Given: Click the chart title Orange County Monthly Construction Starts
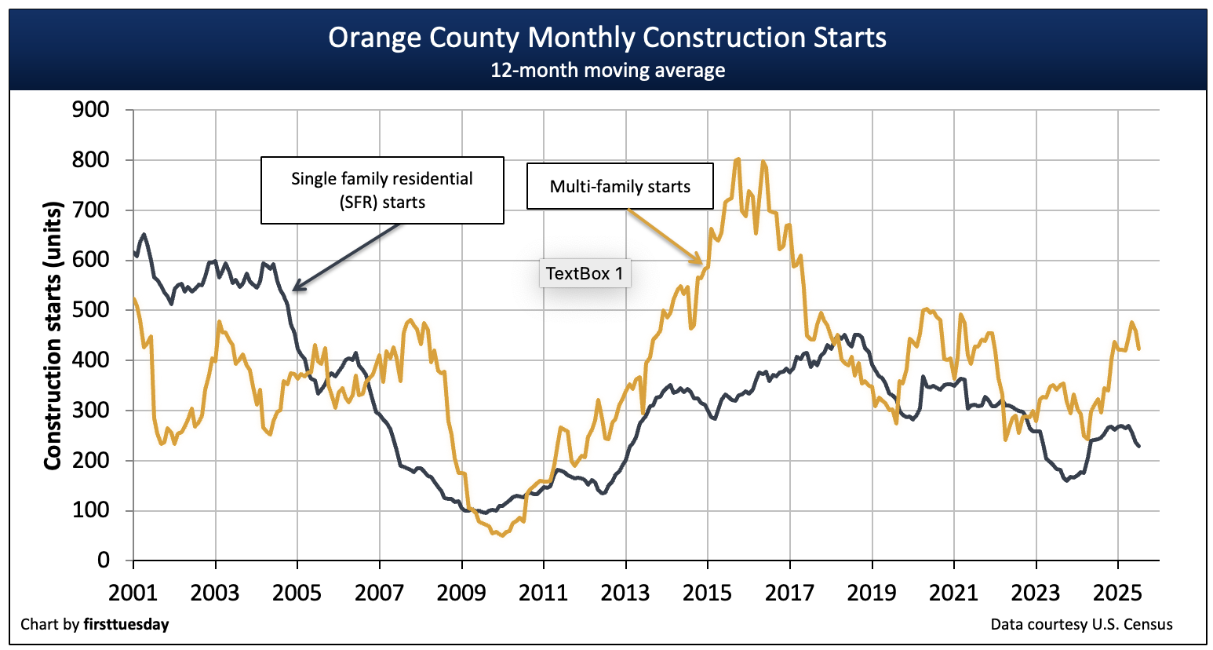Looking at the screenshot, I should coord(607,38).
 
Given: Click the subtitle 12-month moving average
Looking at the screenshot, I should coord(607,71).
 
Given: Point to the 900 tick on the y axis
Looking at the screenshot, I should coord(90,109).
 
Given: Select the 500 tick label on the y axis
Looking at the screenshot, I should coord(90,310).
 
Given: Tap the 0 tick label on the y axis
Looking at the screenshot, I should coord(104,561).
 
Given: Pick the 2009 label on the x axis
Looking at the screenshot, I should coord(461,592).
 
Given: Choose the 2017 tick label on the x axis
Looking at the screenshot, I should coord(789,592).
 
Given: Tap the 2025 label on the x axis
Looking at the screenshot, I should coord(1117,592).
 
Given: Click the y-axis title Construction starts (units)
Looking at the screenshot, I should coord(53,336).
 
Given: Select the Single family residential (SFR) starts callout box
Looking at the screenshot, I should coord(382,190).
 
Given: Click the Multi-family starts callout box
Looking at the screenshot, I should coord(620,186).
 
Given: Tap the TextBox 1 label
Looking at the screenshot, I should coord(585,273).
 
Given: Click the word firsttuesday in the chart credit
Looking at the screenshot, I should coord(126,625).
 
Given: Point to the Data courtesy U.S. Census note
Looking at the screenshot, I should coord(1081,625).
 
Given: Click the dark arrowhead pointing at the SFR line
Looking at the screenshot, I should coord(297,287).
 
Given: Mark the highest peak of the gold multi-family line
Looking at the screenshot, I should coord(738,159).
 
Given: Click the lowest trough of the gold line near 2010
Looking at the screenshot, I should coord(502,535).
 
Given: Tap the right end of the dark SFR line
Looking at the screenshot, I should coord(1138,446).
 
